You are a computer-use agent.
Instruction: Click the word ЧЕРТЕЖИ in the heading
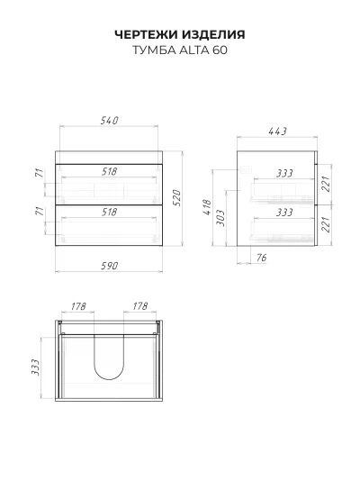147,34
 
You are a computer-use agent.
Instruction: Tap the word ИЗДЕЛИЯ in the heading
213,34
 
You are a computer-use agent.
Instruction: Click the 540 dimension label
110,121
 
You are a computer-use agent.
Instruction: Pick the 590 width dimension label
110,266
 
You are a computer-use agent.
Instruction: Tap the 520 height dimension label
177,198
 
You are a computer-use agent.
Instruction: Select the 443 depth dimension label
277,132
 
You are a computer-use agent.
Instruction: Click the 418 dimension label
207,207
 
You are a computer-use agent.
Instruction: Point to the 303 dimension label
220,218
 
